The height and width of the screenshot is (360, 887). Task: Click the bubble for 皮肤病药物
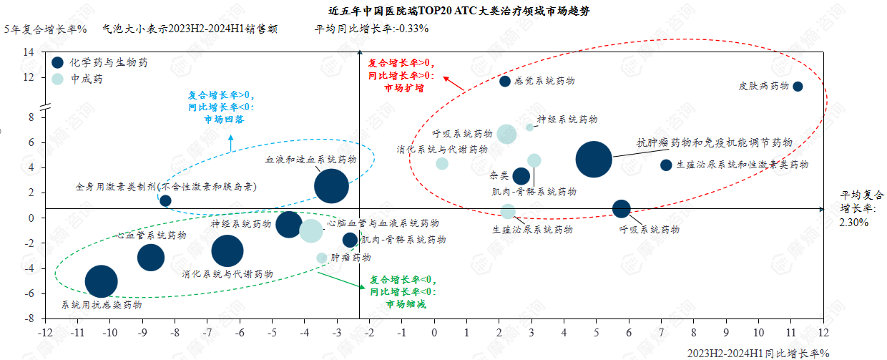(x=798, y=87)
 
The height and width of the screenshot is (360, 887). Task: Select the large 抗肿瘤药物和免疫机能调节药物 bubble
(x=594, y=159)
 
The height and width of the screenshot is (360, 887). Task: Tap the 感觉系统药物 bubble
(x=505, y=82)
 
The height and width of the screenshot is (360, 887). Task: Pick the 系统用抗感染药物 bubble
(x=102, y=281)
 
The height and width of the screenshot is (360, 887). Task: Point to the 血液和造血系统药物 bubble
(x=331, y=186)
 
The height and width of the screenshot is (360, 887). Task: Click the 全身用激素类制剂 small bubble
(x=165, y=200)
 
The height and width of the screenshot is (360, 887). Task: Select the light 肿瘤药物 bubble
(x=322, y=258)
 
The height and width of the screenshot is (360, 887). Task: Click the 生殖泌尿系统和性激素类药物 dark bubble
(x=666, y=165)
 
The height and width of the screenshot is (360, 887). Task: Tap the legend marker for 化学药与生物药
(x=58, y=63)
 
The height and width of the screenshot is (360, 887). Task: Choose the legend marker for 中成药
(x=58, y=79)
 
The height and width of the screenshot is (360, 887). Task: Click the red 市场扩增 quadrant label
(x=403, y=88)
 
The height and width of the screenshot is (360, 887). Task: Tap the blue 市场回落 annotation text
(x=224, y=120)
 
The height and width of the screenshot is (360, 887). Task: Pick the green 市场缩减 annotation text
(x=405, y=304)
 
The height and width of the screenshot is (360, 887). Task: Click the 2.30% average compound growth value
(x=854, y=223)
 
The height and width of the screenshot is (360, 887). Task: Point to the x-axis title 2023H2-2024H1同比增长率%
(x=758, y=353)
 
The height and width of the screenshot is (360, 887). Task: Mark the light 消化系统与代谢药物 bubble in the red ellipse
(x=442, y=163)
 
